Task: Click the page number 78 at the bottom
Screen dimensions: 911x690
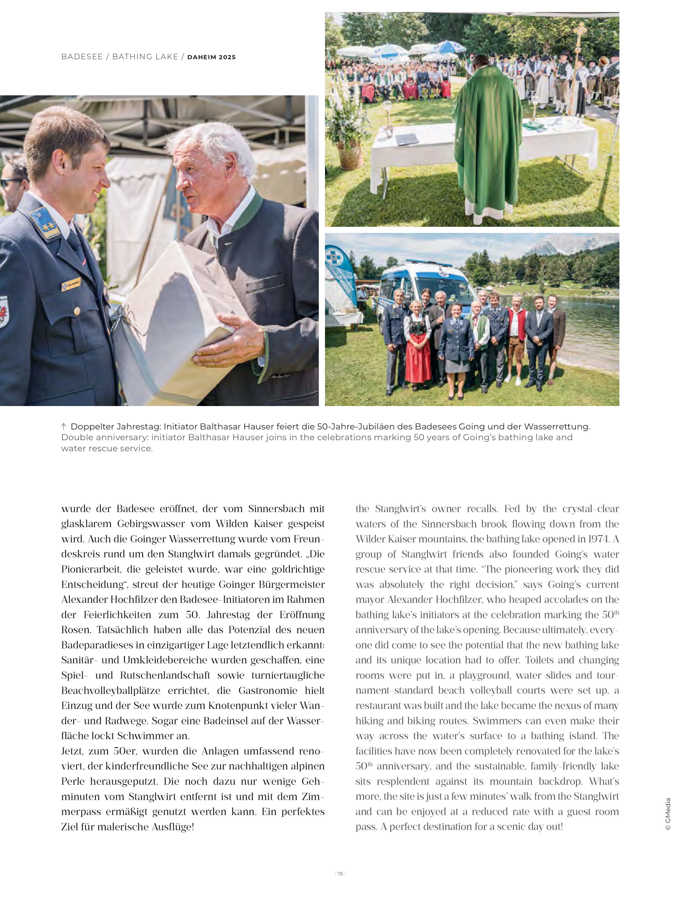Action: tap(340, 874)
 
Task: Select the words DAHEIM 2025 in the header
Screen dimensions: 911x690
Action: tap(211, 57)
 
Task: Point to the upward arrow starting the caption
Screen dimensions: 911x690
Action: tap(64, 426)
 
